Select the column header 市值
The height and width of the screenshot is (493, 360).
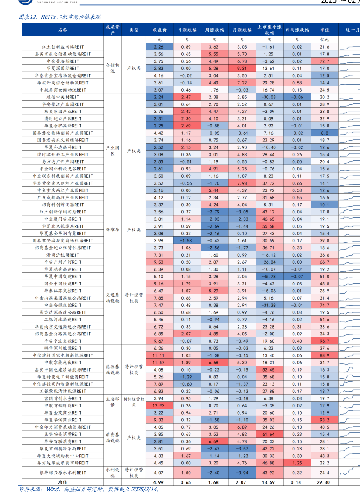coord(325,29)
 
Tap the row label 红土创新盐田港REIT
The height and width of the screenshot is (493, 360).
coord(63,47)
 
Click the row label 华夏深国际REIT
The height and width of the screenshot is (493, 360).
coord(63,68)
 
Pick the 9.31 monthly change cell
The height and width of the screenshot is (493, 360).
coord(242,68)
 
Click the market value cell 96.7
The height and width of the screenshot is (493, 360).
coord(325,341)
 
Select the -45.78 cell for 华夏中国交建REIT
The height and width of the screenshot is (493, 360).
coord(269,277)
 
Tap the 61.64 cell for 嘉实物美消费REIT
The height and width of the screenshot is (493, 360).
coord(269,434)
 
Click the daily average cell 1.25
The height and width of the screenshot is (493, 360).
coord(297,463)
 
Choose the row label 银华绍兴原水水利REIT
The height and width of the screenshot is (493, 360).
coord(63,473)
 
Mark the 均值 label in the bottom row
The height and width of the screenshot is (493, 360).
coord(63,482)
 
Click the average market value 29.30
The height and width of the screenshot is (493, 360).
coord(325,482)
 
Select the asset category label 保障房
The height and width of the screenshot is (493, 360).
coord(112,229)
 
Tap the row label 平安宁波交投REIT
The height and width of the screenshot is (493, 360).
coord(63,341)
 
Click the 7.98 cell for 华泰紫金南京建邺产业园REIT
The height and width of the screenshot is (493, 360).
coord(242,183)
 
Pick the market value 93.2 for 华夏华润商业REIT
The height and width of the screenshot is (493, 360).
coord(325,420)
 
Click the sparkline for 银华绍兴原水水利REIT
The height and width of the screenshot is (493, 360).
coord(350,473)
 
